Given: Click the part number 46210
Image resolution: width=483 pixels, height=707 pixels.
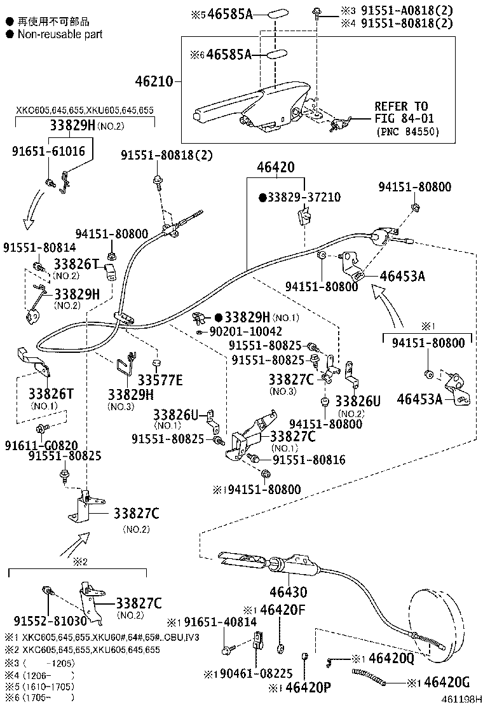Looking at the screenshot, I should tap(154, 81).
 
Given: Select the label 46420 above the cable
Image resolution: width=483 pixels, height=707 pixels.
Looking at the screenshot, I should tap(275, 168).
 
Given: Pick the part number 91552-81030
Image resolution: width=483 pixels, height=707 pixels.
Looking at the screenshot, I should tap(42, 621).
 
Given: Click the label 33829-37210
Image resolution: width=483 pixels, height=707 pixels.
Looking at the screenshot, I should tap(303, 197).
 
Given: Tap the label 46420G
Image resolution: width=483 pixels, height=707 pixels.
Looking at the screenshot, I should tap(446, 683).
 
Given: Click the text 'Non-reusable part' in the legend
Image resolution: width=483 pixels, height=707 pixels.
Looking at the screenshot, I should tap(60, 34).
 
